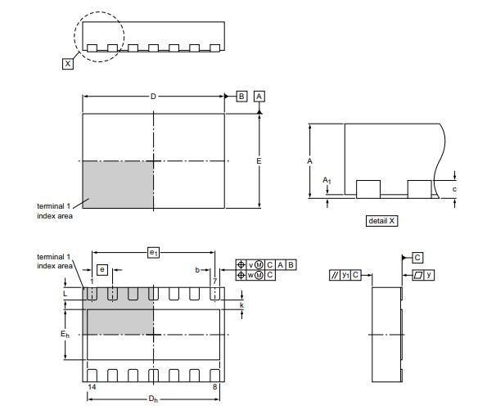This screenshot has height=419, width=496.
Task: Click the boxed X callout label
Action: click(x=68, y=64)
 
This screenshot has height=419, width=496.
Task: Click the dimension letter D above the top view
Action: click(x=153, y=96)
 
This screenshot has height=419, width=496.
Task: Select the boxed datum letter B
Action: click(x=241, y=96)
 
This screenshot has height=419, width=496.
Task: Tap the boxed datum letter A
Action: click(x=259, y=96)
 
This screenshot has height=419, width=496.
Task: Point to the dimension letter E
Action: click(x=259, y=161)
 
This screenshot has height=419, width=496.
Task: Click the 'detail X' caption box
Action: click(x=381, y=221)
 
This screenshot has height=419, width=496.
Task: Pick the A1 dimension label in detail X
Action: click(x=327, y=181)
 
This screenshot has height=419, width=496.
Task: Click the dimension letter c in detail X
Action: click(x=454, y=189)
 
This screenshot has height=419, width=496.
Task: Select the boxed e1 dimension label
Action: click(x=153, y=253)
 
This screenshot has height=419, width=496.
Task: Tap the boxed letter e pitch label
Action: click(x=101, y=269)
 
